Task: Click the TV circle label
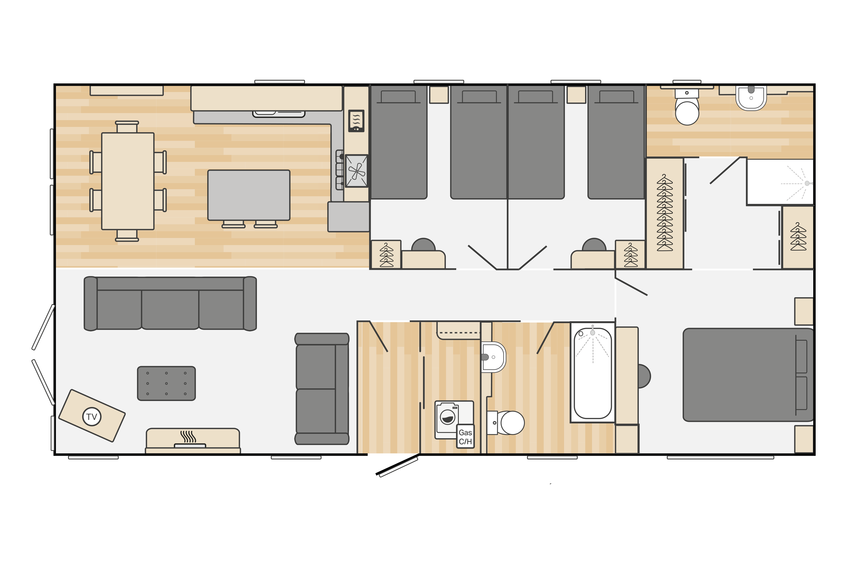[92, 417]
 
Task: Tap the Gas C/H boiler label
[465, 437]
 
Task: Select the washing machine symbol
[447, 418]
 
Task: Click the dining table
[128, 181]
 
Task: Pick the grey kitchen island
[249, 195]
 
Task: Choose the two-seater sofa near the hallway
[322, 389]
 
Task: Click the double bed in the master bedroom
[747, 374]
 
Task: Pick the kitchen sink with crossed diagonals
[357, 171]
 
